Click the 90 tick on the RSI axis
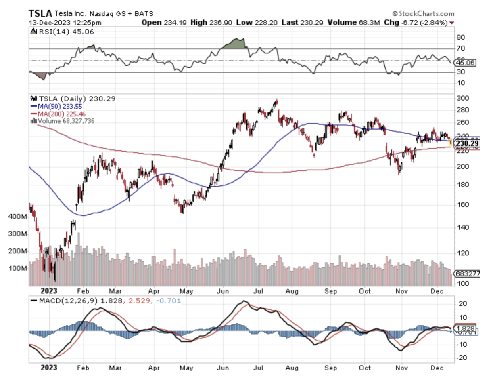(460, 37)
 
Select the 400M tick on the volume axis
(17, 217)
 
